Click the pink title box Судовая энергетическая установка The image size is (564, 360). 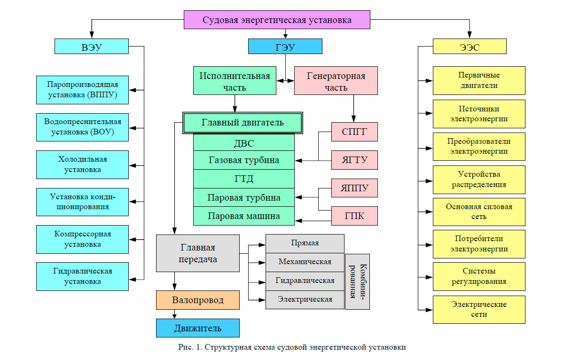(x=277, y=20)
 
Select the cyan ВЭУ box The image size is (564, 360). (x=91, y=47)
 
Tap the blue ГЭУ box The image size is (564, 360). (x=285, y=47)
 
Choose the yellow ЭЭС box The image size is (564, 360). (x=469, y=47)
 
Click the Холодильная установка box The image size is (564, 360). (x=82, y=164)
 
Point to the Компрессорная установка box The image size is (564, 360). (x=82, y=239)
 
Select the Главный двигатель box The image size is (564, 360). (x=243, y=123)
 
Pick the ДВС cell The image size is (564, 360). (x=243, y=142)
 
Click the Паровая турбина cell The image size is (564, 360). (x=243, y=197)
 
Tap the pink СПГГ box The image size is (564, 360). (x=355, y=132)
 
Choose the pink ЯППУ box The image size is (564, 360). (x=355, y=188)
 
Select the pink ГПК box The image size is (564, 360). (x=355, y=216)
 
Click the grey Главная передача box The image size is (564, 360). (x=198, y=253)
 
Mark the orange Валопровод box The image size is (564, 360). (x=198, y=300)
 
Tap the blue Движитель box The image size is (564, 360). (x=198, y=328)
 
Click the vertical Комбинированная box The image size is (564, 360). (x=357, y=282)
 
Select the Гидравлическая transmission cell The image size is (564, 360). (x=305, y=281)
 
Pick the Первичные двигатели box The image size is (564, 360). (x=479, y=80)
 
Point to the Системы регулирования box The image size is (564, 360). (x=479, y=276)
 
